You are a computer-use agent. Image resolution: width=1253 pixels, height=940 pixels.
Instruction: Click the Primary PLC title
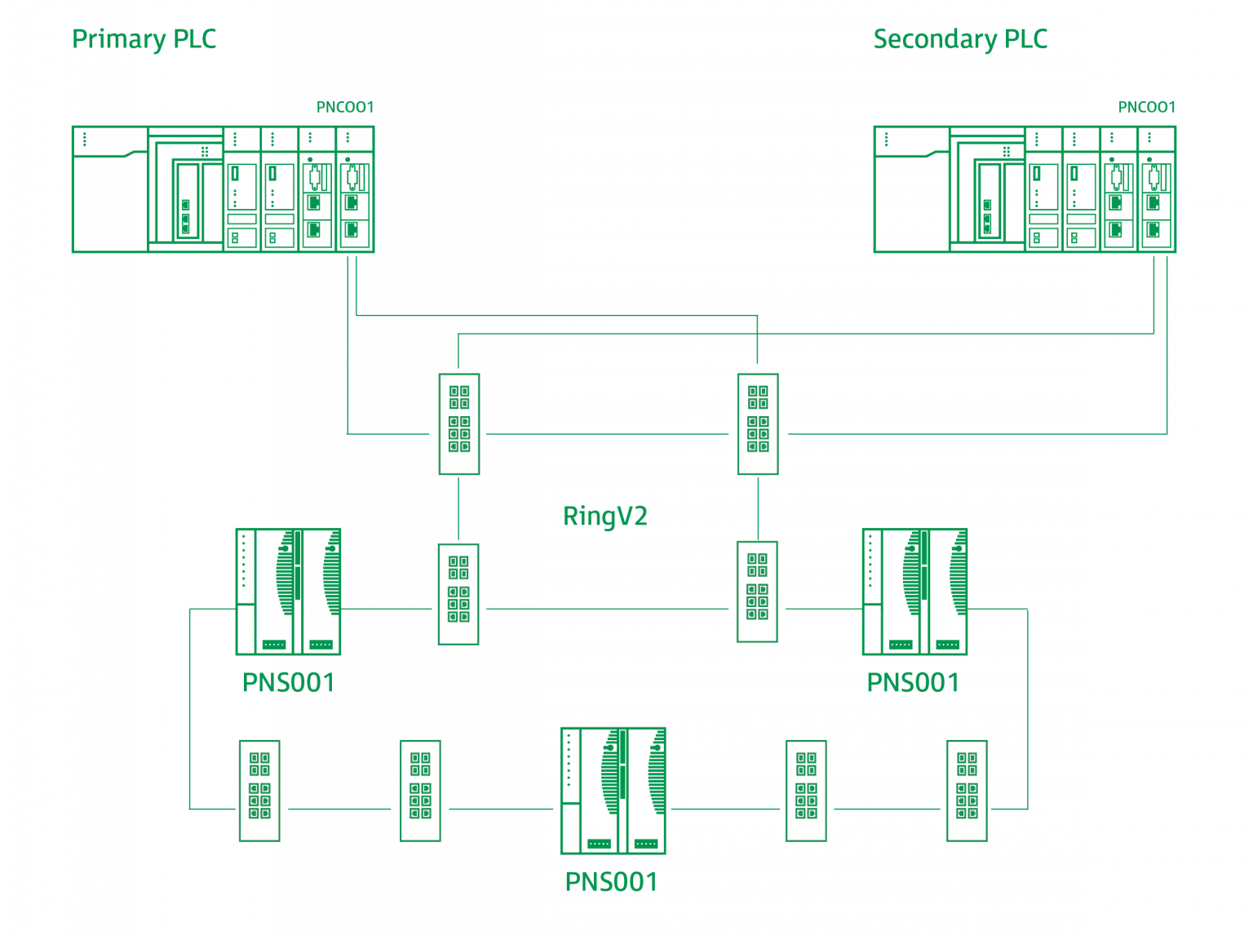coord(144,39)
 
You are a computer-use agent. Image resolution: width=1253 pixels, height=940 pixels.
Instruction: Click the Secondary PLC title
coord(959,39)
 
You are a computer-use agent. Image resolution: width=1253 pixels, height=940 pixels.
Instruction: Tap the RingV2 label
coord(604,516)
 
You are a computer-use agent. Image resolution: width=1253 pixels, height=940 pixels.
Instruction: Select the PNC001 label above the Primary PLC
coord(344,107)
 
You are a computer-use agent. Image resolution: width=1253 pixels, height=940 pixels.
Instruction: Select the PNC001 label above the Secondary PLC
coord(1146,107)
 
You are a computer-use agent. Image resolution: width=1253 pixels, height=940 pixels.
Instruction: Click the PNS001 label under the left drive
coord(288,682)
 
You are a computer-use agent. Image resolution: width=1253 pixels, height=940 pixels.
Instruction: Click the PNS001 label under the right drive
coord(913,682)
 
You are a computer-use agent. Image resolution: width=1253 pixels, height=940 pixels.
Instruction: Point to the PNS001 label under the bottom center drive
coord(611,881)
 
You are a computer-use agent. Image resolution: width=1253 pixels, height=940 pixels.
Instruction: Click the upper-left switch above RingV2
coord(459,423)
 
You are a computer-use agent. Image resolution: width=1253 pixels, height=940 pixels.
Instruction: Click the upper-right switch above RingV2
coord(758,423)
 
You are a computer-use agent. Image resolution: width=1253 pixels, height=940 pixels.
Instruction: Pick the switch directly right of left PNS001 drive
coord(458,594)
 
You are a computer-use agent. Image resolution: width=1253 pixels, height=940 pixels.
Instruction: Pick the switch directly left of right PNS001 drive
coord(757,592)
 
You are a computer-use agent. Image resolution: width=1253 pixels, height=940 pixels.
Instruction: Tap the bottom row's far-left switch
coord(259,791)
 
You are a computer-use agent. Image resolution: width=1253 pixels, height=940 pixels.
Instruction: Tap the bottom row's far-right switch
coord(967,791)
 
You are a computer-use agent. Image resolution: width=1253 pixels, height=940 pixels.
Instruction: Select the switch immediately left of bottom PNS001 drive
coord(420,791)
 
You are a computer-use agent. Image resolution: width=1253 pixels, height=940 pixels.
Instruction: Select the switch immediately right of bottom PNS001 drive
coord(806,791)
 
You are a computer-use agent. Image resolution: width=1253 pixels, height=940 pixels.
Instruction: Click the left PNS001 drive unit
coord(288,592)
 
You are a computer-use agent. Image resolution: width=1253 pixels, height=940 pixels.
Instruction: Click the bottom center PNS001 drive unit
coord(613,791)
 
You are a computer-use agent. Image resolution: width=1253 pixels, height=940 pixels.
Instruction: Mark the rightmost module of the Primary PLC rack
coord(355,189)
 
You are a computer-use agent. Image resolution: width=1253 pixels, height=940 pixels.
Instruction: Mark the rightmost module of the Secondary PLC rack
coord(1157,189)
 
